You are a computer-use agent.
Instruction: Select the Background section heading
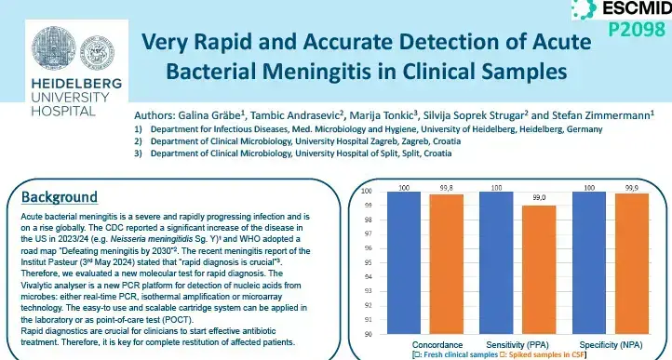click(60, 197)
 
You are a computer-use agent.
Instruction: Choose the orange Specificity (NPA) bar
click(623, 263)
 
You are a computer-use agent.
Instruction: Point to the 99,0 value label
click(538, 198)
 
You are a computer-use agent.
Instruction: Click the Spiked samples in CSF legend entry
click(548, 354)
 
